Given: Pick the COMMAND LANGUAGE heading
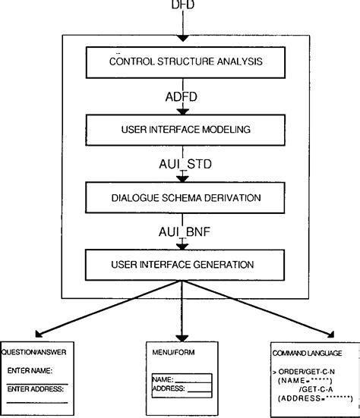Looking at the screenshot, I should (x=307, y=353).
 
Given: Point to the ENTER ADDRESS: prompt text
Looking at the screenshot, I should (x=35, y=388).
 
